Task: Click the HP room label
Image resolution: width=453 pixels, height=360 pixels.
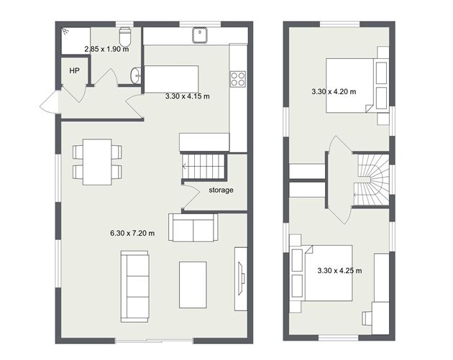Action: coord(74,70)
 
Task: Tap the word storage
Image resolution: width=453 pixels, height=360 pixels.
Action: coord(221,190)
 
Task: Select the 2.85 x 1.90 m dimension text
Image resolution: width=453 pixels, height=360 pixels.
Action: coord(106,50)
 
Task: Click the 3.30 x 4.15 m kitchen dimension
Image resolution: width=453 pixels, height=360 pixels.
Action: coord(187,96)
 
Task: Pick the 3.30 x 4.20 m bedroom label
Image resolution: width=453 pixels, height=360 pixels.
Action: coord(334,91)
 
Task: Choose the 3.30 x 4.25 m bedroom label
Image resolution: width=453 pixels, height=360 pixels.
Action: coord(339,271)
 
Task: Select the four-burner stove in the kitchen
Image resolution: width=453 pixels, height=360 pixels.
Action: coord(238,77)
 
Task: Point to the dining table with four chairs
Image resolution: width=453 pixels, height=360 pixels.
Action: coord(97,162)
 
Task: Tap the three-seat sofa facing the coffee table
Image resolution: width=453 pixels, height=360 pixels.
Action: coord(134,285)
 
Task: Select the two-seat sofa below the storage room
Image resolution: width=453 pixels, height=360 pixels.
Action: coord(192,227)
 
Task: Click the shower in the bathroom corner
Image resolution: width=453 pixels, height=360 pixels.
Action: coord(75,41)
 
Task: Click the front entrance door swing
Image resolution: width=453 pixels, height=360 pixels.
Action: coord(50,103)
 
